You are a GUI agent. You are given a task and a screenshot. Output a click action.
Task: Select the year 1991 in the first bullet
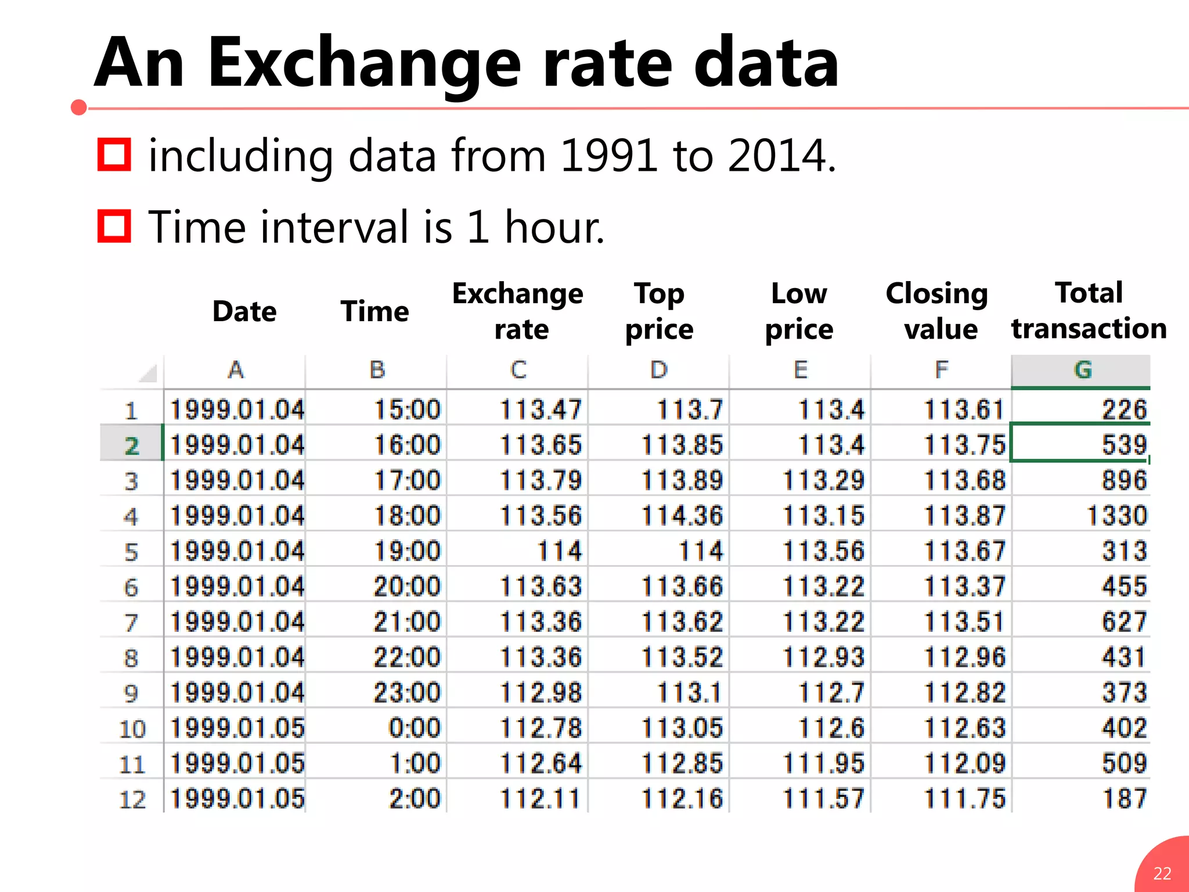[609, 156]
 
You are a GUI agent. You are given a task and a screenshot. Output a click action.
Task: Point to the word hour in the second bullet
[554, 226]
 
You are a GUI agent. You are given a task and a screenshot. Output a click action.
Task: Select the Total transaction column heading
[1089, 310]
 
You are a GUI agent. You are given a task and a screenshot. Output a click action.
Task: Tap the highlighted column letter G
[1082, 370]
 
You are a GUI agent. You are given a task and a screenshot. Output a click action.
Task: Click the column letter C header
[518, 370]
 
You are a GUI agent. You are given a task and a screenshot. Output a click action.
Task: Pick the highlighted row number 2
[131, 446]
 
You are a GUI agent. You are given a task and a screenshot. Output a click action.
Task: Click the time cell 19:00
[407, 551]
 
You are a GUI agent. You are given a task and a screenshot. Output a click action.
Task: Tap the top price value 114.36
[682, 516]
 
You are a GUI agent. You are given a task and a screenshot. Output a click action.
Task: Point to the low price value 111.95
[823, 763]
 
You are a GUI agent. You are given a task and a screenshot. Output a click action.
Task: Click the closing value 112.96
[964, 657]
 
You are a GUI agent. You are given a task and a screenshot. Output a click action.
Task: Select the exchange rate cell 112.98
[541, 693]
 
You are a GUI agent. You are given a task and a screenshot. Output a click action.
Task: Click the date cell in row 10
[237, 728]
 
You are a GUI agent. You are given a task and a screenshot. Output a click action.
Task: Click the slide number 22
[1162, 873]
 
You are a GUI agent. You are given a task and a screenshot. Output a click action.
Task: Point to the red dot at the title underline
[79, 107]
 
